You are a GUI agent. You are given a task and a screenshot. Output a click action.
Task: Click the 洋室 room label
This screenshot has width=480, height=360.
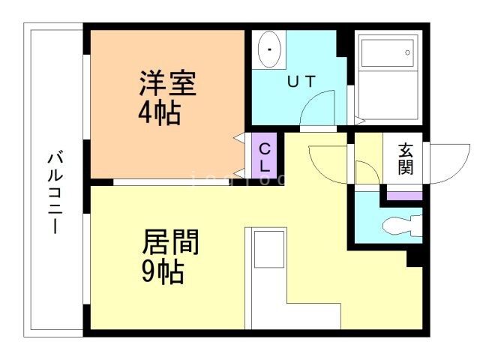point(167,83)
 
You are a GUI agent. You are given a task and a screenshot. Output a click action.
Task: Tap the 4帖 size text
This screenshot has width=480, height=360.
point(158,113)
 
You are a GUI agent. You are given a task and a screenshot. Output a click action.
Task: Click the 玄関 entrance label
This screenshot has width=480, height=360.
point(406,158)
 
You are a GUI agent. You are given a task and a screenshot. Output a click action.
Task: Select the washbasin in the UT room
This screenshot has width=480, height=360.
point(268,49)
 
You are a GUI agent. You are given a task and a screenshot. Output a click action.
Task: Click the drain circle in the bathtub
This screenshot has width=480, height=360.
point(407,52)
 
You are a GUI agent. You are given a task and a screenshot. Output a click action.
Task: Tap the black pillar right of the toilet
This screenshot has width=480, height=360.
point(415,256)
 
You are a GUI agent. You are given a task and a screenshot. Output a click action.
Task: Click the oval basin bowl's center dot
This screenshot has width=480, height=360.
point(268,49)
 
